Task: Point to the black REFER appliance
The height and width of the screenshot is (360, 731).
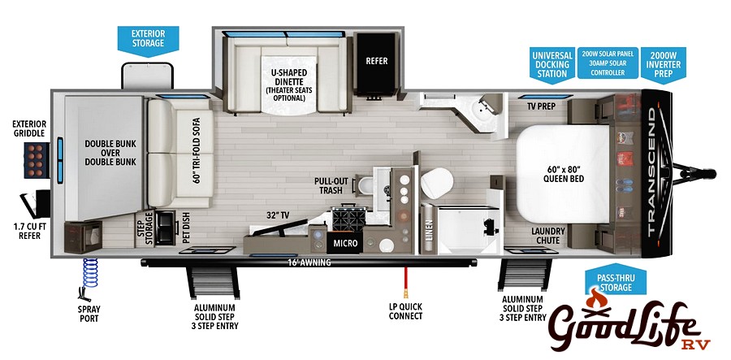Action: point(376,62)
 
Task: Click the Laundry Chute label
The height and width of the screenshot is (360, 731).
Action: point(549,236)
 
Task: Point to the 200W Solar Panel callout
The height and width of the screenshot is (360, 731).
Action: point(608,63)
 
